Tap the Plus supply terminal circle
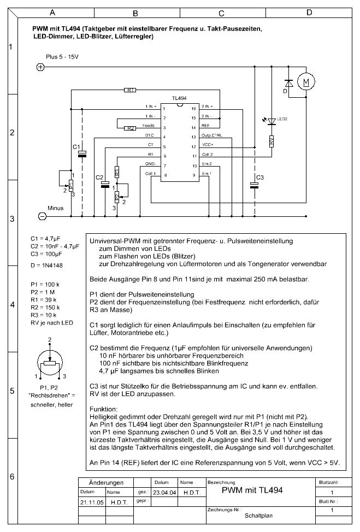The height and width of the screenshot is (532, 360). (x=40, y=67)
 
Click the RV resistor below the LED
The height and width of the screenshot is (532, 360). (x=272, y=141)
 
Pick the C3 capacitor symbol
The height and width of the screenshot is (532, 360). (x=255, y=185)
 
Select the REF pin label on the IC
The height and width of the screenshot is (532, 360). (x=205, y=126)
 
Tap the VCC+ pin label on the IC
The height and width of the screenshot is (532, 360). (x=208, y=145)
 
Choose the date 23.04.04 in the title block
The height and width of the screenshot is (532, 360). (x=163, y=492)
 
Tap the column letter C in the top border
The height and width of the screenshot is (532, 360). (x=221, y=13)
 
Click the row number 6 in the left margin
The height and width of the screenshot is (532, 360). (x=10, y=476)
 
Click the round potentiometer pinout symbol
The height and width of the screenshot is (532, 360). (x=50, y=361)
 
